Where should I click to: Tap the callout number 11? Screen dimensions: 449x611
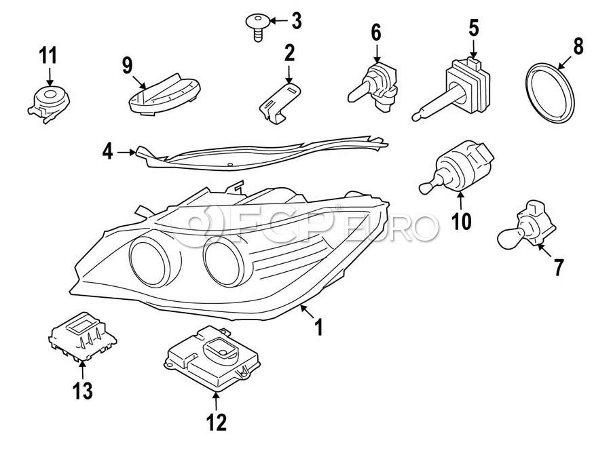(48, 55)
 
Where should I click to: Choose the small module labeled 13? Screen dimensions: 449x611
(82, 335)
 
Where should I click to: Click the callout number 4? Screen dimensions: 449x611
(107, 153)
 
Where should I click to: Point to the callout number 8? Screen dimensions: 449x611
(578, 47)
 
